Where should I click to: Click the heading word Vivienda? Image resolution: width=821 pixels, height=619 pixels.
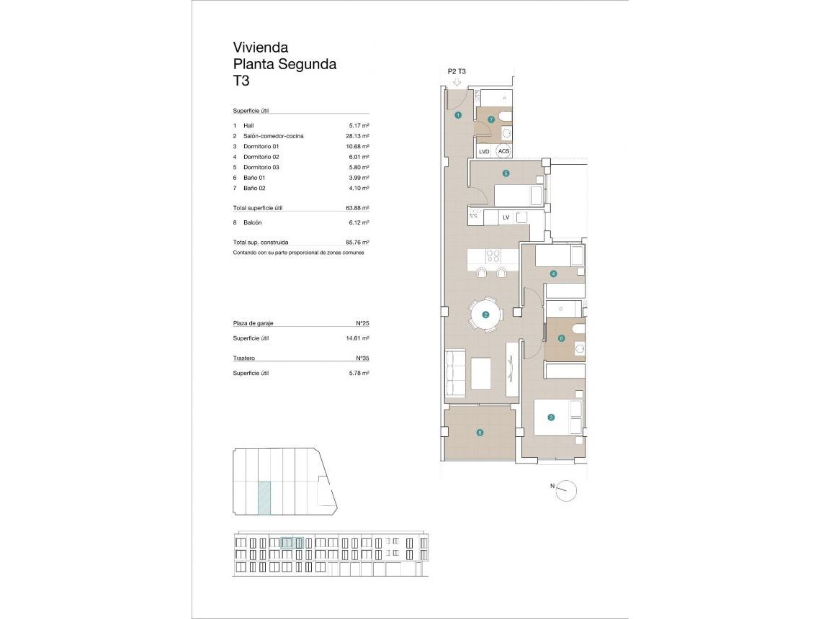tap(261, 48)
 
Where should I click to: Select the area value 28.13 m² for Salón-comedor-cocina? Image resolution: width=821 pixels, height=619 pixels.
tap(357, 136)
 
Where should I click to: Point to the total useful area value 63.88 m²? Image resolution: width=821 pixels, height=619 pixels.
tap(357, 208)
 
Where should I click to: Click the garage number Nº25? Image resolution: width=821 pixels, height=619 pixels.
tap(362, 324)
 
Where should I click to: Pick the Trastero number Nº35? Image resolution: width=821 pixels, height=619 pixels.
tap(362, 358)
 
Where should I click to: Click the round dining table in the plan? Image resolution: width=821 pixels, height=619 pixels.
tap(485, 315)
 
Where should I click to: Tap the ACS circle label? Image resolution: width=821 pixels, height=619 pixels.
tap(503, 151)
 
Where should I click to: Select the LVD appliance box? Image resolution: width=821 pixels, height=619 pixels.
tap(484, 151)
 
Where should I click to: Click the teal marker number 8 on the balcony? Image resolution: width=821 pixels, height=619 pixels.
tap(480, 433)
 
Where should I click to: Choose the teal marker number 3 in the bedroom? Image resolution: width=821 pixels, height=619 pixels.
tap(551, 417)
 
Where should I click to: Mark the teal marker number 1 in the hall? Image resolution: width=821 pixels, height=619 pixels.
tap(457, 115)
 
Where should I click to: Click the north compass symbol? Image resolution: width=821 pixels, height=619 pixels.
tap(567, 490)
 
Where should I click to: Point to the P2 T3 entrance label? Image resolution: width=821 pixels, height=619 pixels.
tap(457, 71)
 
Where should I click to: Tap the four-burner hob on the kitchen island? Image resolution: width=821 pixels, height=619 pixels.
tap(493, 256)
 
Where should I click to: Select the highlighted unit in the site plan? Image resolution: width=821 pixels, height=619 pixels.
tap(264, 498)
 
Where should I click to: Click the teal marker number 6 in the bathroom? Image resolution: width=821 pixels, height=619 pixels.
tap(561, 338)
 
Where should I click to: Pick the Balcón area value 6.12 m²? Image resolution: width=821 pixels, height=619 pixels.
tap(357, 223)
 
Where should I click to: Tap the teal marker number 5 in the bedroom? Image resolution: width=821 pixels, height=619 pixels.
tap(506, 173)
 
